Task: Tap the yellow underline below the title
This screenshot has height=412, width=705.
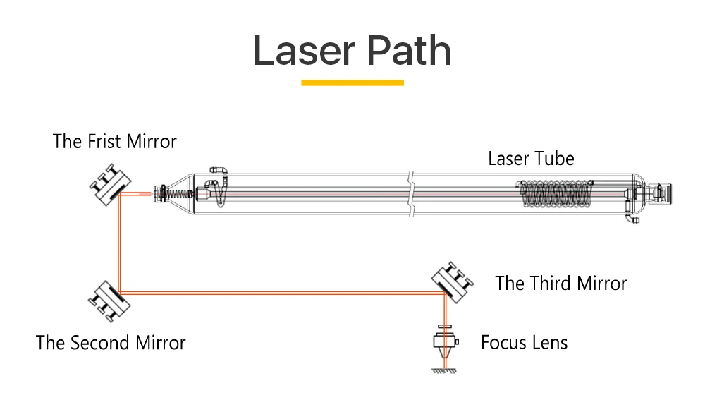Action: (x=352, y=83)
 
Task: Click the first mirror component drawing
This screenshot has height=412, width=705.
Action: (x=109, y=186)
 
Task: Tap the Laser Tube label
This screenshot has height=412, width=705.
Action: (x=531, y=158)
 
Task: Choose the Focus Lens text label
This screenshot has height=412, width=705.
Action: (x=524, y=344)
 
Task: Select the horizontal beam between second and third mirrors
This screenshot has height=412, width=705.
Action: (x=282, y=292)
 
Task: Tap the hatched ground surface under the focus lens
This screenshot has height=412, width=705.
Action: (x=445, y=370)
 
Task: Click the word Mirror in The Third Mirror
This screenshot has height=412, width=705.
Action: (x=601, y=284)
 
